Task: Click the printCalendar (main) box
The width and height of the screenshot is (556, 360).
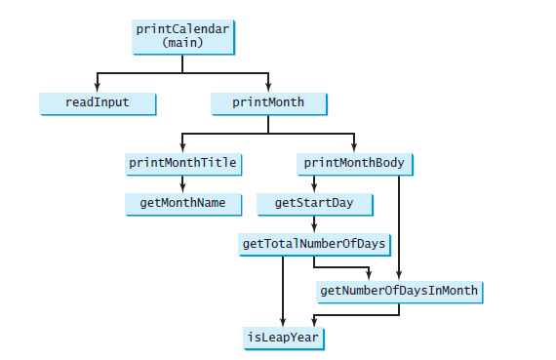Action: tap(182, 35)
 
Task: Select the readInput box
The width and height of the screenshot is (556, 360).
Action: tap(98, 101)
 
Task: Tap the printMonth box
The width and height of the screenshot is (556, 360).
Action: tap(268, 101)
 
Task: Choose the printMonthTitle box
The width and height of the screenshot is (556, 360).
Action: tap(182, 163)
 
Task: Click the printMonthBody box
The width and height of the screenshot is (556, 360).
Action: tap(354, 163)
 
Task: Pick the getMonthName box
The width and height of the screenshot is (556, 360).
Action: tap(182, 203)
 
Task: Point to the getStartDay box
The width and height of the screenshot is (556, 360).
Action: tap(313, 203)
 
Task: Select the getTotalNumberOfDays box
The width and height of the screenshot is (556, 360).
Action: tap(313, 243)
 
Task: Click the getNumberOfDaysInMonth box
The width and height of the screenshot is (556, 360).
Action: tap(400, 291)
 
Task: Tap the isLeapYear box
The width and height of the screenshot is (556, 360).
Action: tap(283, 338)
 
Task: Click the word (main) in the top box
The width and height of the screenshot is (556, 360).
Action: tap(182, 43)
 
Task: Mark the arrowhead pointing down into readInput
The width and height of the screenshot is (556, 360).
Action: tap(98, 88)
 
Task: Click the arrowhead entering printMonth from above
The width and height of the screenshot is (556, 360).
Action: tap(268, 88)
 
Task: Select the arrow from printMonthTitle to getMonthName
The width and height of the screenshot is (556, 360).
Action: tap(182, 183)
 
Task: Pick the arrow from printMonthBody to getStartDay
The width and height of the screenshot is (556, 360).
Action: tap(313, 183)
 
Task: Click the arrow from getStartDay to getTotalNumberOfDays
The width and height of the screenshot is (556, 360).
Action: tap(313, 223)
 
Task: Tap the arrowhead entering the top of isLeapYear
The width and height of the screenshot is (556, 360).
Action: tap(283, 323)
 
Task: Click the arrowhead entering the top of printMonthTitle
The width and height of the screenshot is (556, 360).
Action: tap(182, 147)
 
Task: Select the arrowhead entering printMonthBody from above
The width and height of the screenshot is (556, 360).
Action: tap(354, 147)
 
